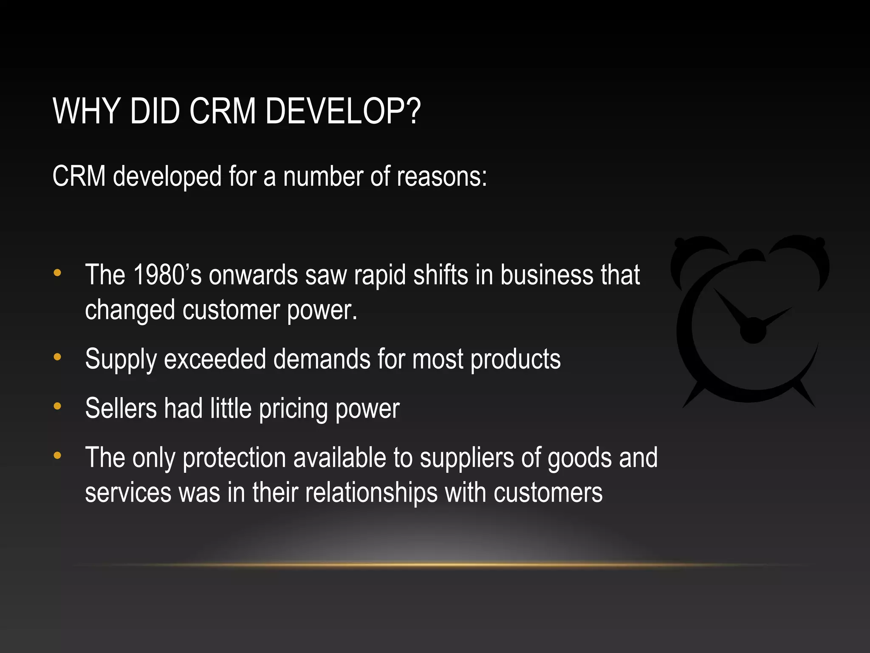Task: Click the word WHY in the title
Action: click(86, 111)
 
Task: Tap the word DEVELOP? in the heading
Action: click(343, 111)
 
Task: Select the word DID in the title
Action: click(155, 111)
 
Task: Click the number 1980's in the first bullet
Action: click(167, 275)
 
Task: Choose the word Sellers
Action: click(121, 409)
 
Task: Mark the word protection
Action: click(234, 458)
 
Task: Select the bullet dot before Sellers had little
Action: click(57, 406)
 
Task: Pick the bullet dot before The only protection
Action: click(57, 456)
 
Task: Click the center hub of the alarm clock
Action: click(753, 330)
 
